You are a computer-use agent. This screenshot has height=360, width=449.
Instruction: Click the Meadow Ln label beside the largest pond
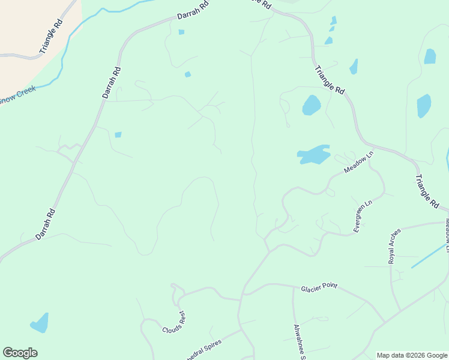[359, 163]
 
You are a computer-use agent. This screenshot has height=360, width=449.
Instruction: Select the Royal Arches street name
[394, 248]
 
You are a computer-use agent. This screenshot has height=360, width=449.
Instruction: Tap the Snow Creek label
[17, 95]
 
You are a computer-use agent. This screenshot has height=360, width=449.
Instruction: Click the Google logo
[20, 353]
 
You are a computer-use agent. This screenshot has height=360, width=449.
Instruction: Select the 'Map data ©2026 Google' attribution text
[412, 355]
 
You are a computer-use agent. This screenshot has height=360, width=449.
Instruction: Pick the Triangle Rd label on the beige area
[52, 37]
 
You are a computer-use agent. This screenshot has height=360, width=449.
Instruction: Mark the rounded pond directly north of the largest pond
[311, 105]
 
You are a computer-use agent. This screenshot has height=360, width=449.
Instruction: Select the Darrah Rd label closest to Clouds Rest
[46, 224]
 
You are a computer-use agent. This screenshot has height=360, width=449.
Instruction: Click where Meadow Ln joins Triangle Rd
[374, 148]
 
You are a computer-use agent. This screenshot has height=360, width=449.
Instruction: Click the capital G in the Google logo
[8, 352]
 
